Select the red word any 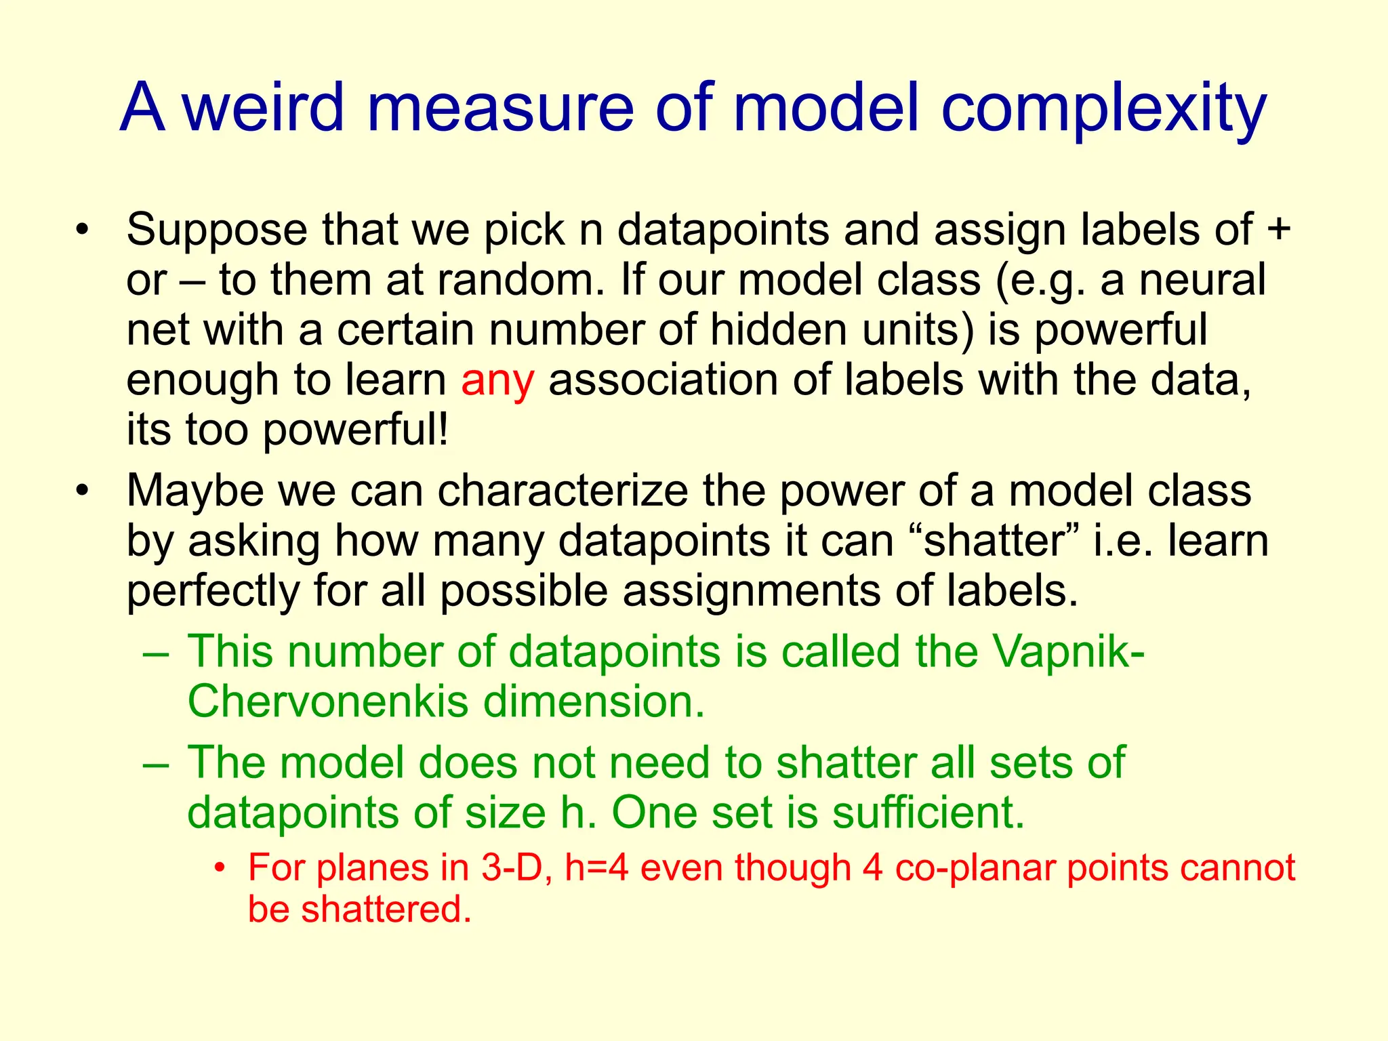point(497,381)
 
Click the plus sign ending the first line point(1278,228)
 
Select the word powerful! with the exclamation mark point(356,431)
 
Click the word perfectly point(213,592)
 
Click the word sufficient point(928,812)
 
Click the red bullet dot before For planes point(218,867)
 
